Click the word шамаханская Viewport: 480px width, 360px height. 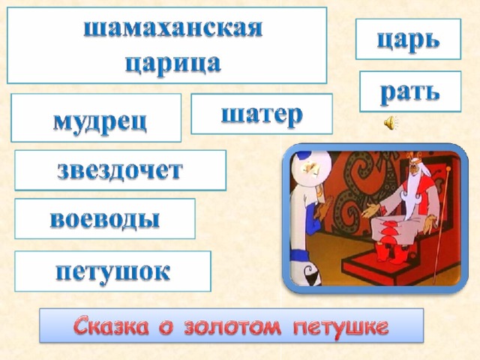[x=173, y=28]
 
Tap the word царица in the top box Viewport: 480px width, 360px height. [x=173, y=64]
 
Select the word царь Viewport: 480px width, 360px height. [x=408, y=40]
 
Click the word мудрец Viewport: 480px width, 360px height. [x=100, y=121]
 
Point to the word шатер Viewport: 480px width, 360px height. [x=262, y=115]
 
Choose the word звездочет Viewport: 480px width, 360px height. [x=120, y=170]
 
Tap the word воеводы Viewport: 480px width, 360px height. [x=105, y=219]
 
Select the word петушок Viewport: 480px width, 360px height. [x=113, y=271]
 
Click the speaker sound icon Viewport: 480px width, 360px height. [x=390, y=123]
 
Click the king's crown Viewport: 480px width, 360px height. [x=414, y=157]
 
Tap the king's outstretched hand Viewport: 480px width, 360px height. [x=370, y=210]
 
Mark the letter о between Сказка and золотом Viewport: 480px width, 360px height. [x=166, y=328]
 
